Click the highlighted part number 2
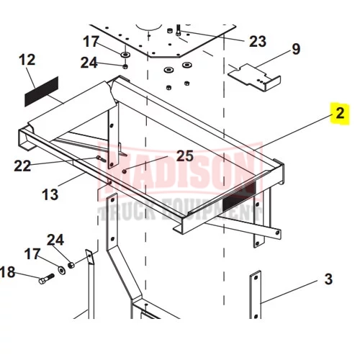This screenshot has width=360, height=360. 340,113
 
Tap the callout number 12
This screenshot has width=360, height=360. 27,60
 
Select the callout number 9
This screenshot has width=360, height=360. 296,49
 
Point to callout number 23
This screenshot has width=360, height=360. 258,41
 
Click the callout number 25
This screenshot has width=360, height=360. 185,156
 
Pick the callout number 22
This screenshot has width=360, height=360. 22,166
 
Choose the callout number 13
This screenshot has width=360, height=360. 50,194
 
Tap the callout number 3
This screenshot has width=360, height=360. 328,279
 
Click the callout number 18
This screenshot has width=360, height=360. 7,272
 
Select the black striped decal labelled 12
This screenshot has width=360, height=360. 42,91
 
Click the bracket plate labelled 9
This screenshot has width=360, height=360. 255,77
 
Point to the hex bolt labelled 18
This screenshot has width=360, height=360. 47,279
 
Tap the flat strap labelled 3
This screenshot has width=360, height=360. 256,294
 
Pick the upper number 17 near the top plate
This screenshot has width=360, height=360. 91,41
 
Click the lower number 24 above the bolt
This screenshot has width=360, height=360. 55,240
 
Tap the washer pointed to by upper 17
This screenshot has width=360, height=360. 125,55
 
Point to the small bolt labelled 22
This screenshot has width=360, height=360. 101,158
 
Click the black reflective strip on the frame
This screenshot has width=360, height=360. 239,196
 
